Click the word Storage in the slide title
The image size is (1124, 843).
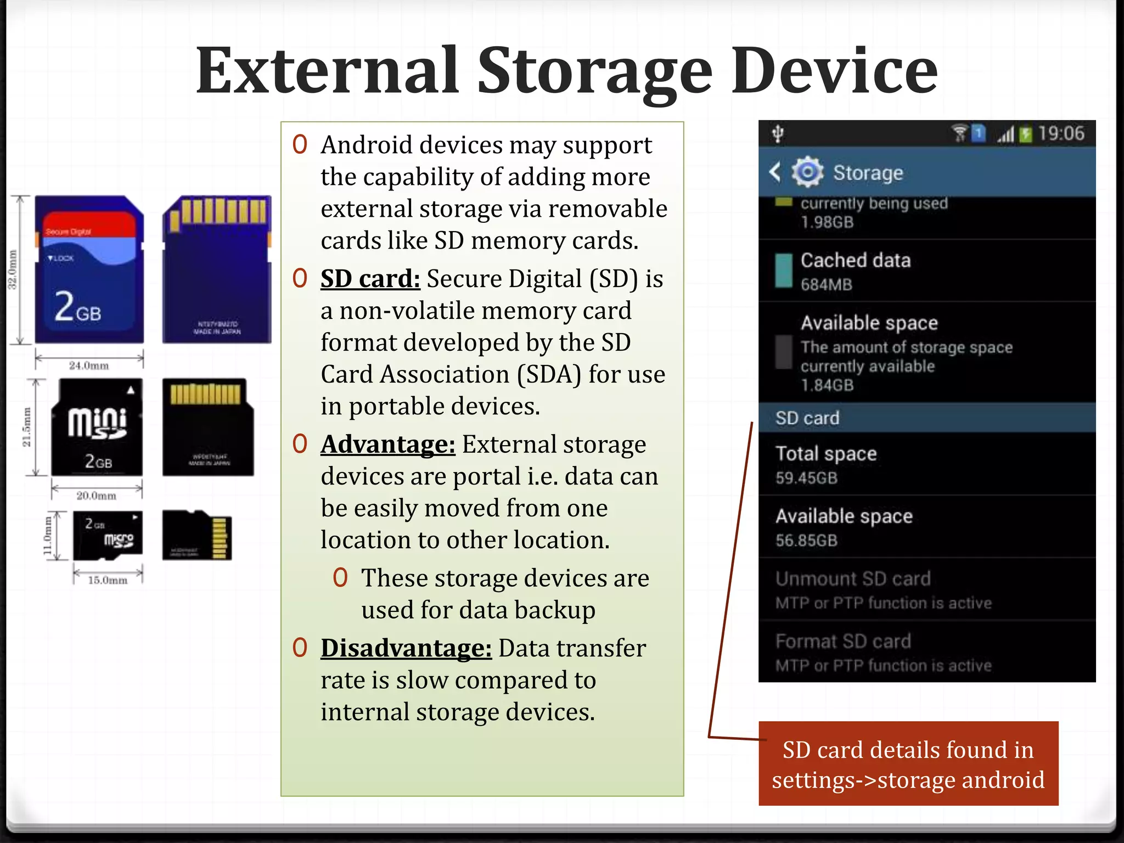click(x=595, y=71)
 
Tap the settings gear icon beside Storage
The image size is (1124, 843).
click(x=807, y=172)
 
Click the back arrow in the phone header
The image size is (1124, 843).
click(x=775, y=172)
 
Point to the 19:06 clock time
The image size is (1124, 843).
click(x=1061, y=133)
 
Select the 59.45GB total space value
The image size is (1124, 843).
click(x=806, y=478)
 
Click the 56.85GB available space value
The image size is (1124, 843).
click(x=806, y=541)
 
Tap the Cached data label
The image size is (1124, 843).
click(x=855, y=260)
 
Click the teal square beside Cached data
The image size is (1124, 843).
click(x=784, y=271)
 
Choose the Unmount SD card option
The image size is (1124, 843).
click(x=853, y=579)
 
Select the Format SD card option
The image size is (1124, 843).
click(x=843, y=642)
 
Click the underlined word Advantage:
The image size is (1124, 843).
click(x=387, y=445)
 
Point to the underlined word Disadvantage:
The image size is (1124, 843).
click(x=406, y=648)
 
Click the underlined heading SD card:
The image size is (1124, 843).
click(x=370, y=279)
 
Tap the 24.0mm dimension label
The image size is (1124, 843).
click(x=89, y=366)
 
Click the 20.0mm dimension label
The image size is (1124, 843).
click(x=97, y=496)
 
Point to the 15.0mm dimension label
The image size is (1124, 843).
click(x=108, y=581)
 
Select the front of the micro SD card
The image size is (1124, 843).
click(x=108, y=535)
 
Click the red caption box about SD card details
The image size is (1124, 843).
click(x=908, y=764)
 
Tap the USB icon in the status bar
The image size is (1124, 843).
click(x=778, y=133)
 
